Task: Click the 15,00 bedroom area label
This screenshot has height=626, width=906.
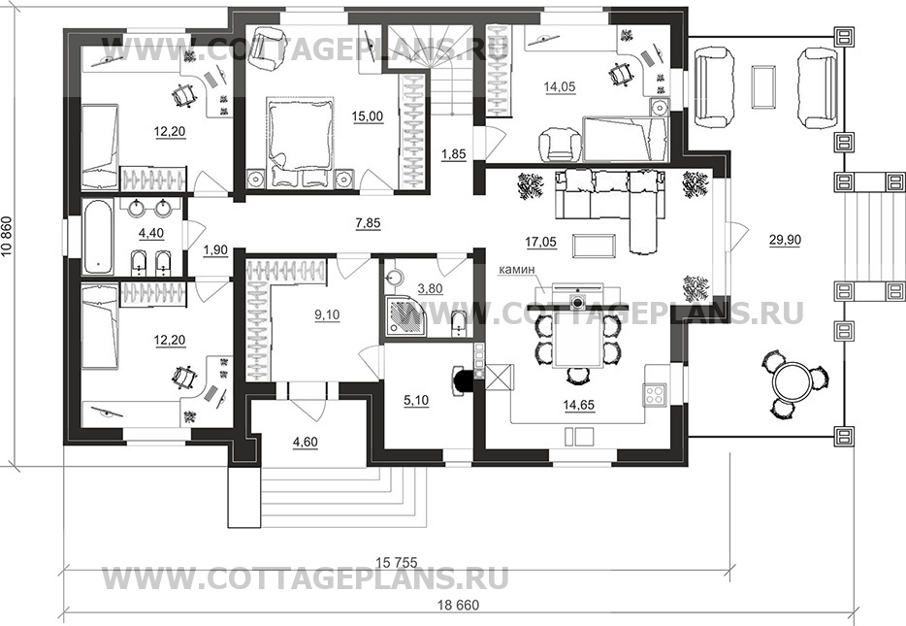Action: coord(367,116)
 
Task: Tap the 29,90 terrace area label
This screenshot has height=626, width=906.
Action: coord(786,241)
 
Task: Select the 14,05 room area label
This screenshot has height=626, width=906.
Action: coord(560,86)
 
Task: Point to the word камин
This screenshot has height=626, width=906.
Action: coord(519,269)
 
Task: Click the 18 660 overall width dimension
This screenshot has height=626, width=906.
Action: coord(461,606)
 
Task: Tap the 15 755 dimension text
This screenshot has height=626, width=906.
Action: coord(397,562)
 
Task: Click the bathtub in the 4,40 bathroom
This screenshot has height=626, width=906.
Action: coord(99,236)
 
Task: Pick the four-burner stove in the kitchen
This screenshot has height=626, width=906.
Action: coord(656,395)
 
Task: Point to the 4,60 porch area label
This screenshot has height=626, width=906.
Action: coord(306,443)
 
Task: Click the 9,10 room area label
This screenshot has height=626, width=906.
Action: coord(328,315)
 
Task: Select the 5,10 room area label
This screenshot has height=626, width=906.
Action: coord(416,400)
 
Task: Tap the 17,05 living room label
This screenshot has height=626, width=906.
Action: coord(541,243)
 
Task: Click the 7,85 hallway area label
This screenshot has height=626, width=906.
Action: coord(369,222)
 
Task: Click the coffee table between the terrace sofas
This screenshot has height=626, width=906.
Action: coord(763,86)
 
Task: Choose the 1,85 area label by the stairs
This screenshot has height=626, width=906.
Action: coord(454,154)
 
